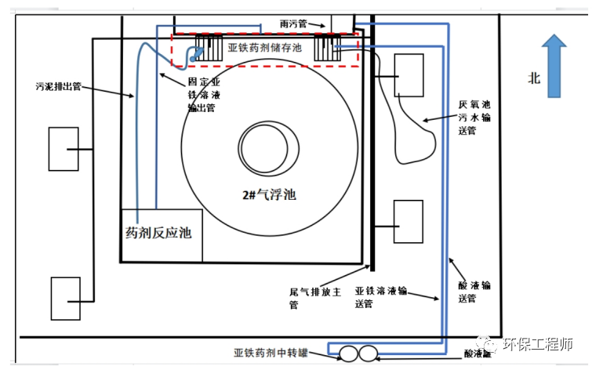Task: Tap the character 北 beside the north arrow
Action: click(x=534, y=78)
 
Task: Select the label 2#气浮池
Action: click(x=268, y=194)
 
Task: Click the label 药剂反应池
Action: click(x=159, y=233)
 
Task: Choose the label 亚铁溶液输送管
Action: click(x=381, y=296)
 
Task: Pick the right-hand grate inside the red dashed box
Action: click(x=326, y=49)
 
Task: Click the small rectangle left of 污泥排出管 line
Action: click(x=63, y=148)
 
